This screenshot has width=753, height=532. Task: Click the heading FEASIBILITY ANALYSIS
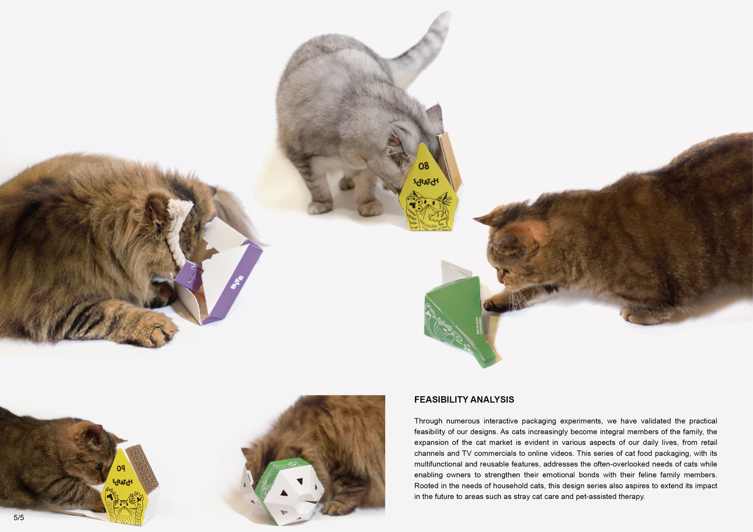[x=464, y=399]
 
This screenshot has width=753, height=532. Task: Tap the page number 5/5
[x=19, y=518]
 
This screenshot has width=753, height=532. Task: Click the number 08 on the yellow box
[x=423, y=166]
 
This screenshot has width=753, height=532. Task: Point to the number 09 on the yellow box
[x=121, y=468]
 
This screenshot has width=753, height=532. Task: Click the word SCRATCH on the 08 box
[x=426, y=182]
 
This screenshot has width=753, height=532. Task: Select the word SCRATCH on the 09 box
[x=122, y=482]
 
